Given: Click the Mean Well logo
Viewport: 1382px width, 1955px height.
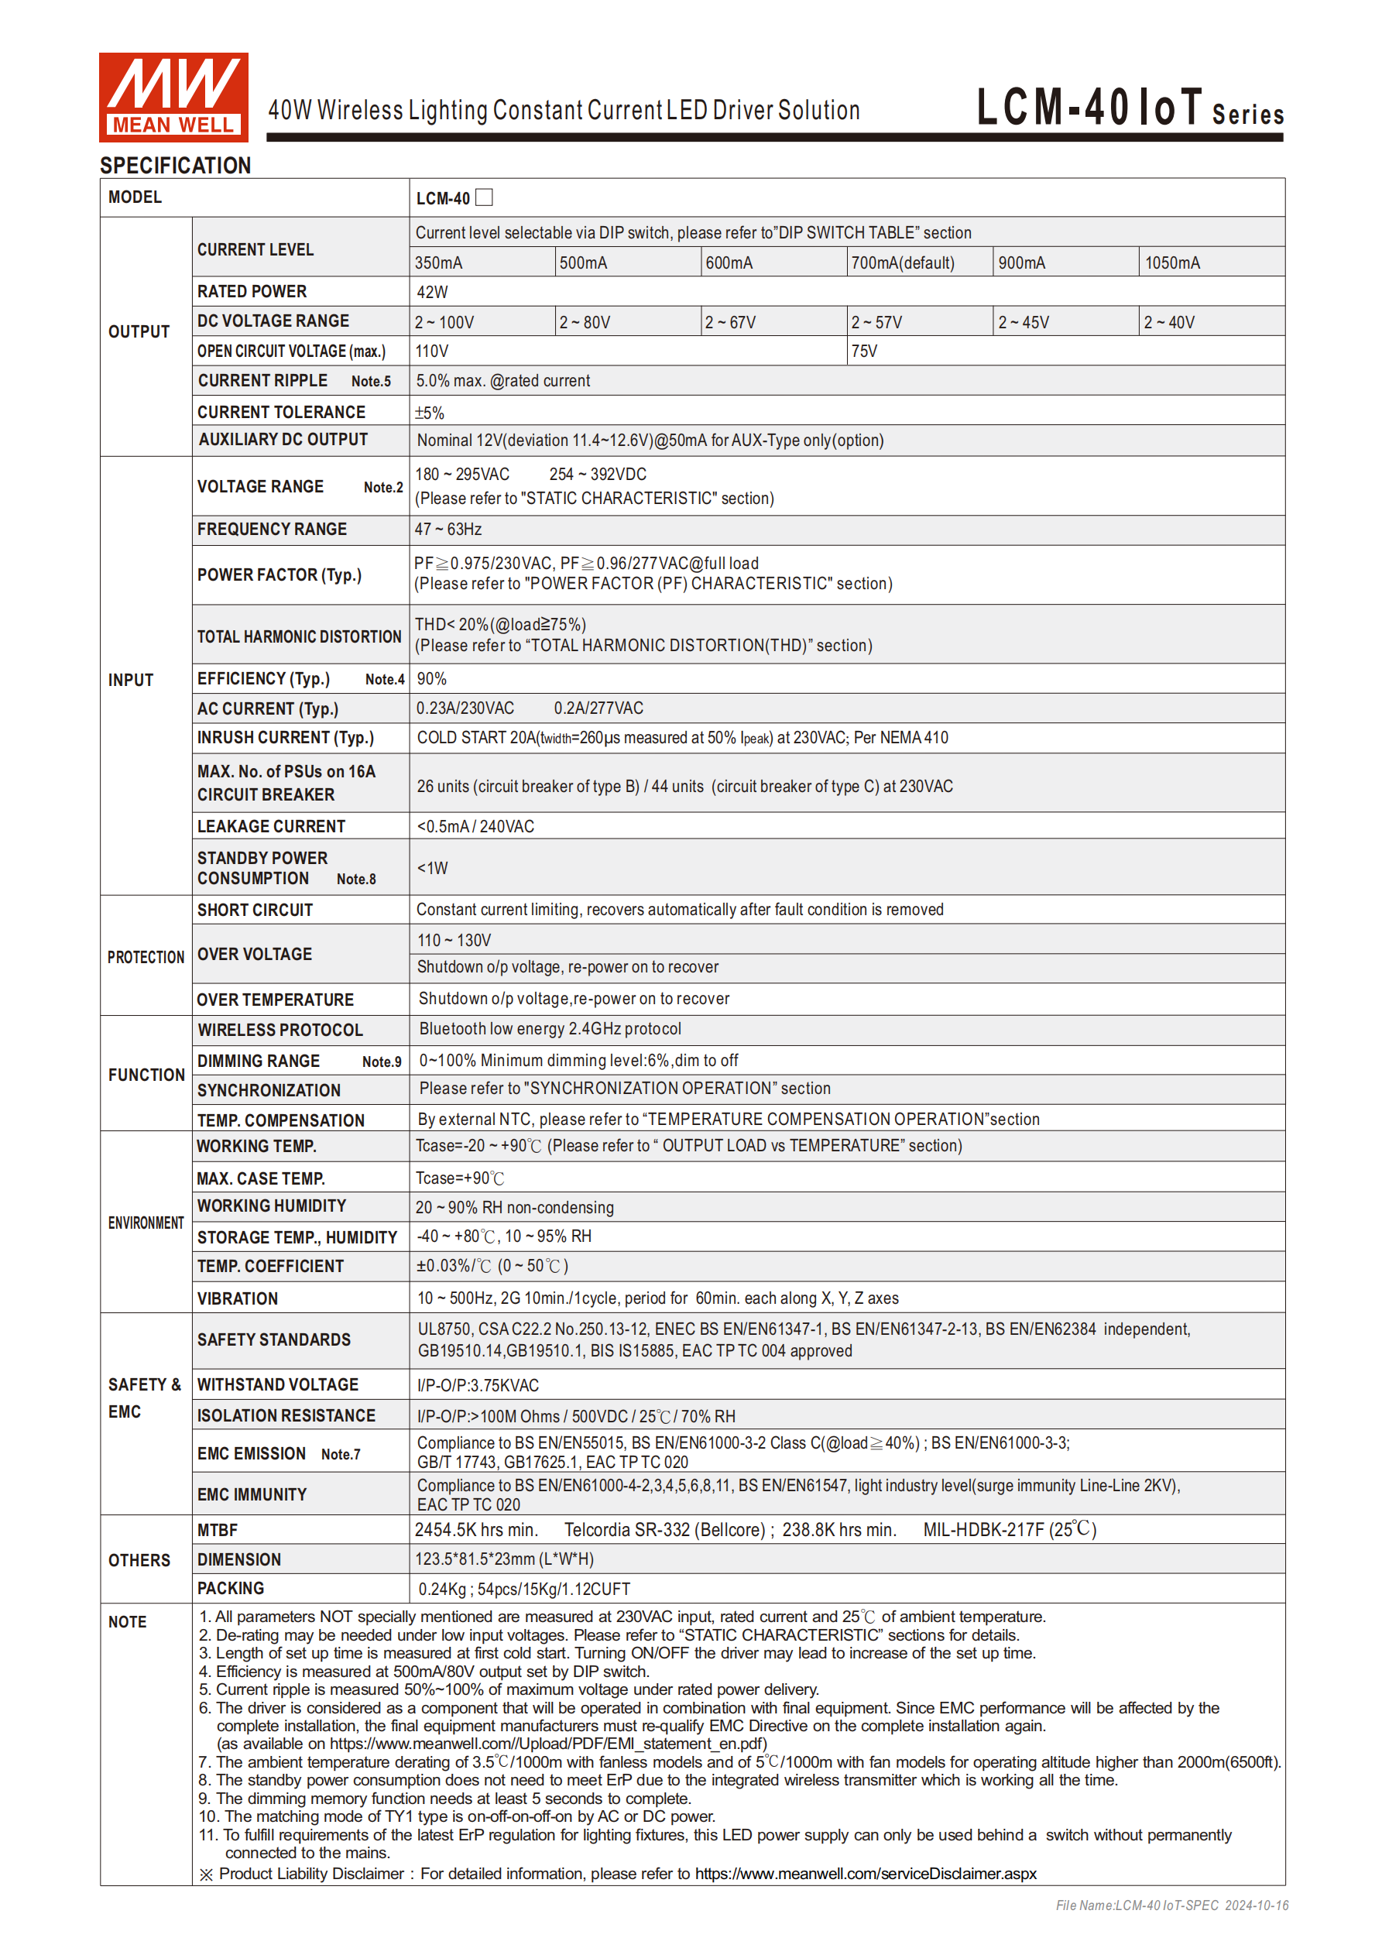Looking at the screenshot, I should coord(173,96).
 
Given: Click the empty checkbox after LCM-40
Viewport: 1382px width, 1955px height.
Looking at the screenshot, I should coord(484,197).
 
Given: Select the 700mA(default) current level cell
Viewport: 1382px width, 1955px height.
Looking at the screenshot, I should coord(903,263).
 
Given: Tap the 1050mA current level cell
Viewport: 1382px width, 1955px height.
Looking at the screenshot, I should coord(1171,263).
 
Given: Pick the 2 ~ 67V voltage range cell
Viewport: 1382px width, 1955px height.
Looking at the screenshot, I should coord(730,323).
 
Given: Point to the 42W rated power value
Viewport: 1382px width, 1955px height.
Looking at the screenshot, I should coord(432,292).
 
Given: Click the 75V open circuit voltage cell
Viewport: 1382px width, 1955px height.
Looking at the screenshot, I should coord(863,352).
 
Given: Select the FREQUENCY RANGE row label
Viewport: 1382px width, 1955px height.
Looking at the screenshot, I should coord(272,530).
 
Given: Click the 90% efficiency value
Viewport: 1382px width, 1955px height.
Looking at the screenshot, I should coord(431,678).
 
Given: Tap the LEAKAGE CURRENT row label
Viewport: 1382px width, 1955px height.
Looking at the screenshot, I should coord(271,827).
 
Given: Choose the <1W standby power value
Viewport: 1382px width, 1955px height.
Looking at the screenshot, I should coord(432,869).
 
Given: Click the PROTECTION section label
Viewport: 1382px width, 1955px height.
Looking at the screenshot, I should coord(146,958).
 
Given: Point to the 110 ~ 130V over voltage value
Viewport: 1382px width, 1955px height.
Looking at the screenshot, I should coord(454,941).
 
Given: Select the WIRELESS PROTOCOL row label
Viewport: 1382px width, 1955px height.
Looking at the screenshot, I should coord(280,1031).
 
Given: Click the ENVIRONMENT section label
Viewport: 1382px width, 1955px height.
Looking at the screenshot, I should coord(146,1223).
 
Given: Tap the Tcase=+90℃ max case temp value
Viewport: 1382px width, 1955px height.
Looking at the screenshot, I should coord(460,1178).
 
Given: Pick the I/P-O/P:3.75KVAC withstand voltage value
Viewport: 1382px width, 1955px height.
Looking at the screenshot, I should coord(478,1386).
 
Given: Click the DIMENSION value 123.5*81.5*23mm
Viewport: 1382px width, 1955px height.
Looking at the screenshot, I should coord(504,1559).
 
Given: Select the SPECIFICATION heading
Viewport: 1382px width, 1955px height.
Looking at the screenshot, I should coord(176,165).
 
